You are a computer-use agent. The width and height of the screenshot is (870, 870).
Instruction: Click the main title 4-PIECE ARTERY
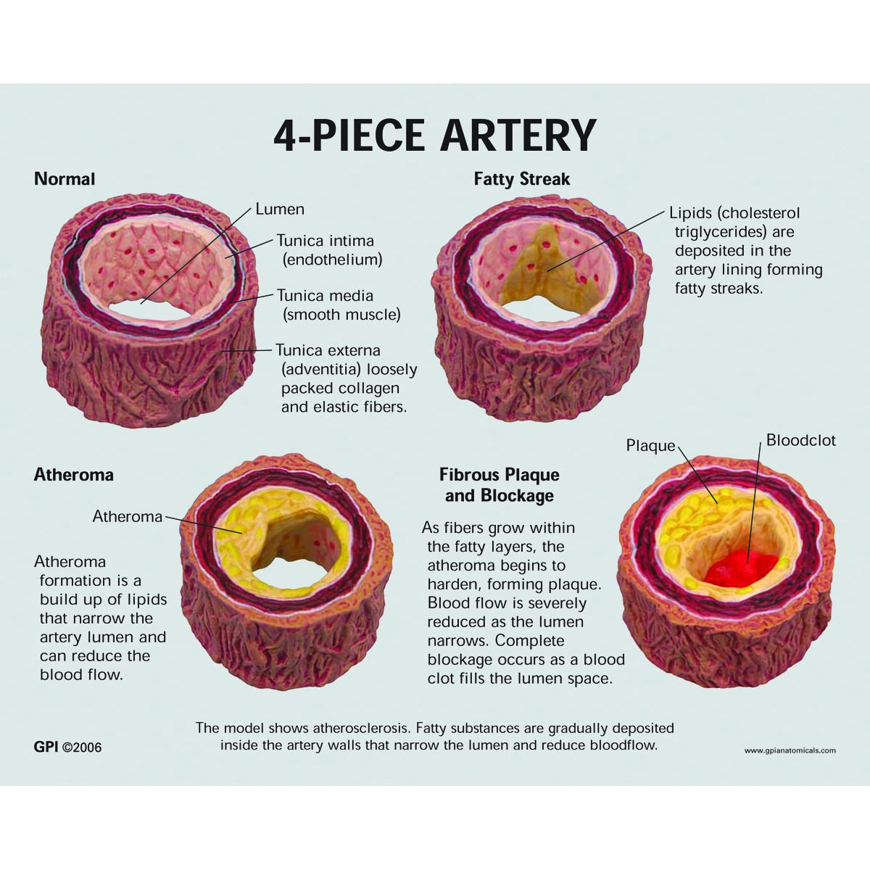click(x=434, y=135)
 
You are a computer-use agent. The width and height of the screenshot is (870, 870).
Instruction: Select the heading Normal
click(x=65, y=178)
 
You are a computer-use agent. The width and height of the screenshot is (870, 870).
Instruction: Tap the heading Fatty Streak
click(x=522, y=179)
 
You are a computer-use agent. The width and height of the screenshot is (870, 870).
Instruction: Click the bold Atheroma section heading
click(x=74, y=475)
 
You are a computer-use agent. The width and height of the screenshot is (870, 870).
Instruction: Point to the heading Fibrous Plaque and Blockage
click(x=500, y=485)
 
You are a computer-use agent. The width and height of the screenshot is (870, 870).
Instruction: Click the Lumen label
click(x=280, y=210)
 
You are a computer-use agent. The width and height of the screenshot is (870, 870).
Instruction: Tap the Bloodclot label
click(x=801, y=441)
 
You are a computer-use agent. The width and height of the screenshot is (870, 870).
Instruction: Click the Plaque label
click(x=650, y=446)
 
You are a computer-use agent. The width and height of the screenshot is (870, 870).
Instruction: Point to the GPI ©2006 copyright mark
click(x=68, y=747)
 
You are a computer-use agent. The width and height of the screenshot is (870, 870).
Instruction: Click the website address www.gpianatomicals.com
click(x=790, y=750)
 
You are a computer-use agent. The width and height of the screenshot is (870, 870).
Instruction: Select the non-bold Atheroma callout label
click(x=128, y=516)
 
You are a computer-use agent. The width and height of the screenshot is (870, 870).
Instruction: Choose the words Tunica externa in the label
click(x=328, y=351)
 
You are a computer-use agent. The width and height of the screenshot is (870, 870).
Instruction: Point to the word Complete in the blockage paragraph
click(x=529, y=641)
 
